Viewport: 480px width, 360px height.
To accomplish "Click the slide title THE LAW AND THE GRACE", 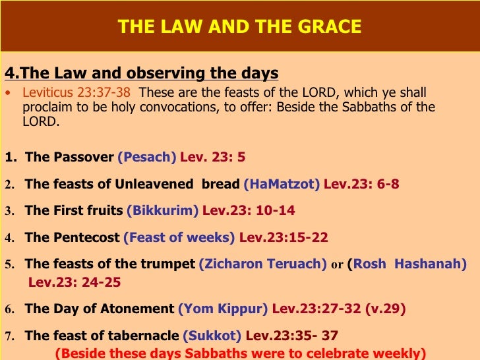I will click(x=239, y=27).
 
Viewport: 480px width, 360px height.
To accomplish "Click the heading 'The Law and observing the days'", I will click(x=141, y=73).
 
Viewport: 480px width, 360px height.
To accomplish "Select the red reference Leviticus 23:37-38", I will click(x=76, y=92).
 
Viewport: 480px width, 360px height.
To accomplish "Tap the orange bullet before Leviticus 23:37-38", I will click(x=8, y=93).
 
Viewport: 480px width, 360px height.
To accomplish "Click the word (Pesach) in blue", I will click(x=146, y=158).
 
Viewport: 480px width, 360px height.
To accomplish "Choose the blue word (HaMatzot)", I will click(x=282, y=185).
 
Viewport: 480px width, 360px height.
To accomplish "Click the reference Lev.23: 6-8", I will click(x=361, y=185).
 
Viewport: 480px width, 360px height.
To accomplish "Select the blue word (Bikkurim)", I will click(x=162, y=211).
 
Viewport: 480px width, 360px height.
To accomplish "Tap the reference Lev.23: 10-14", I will click(x=249, y=211).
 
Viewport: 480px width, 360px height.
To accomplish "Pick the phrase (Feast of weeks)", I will click(x=179, y=237).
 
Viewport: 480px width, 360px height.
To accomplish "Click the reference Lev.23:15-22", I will click(x=284, y=237).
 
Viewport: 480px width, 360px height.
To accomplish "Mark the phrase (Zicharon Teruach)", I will click(x=262, y=264).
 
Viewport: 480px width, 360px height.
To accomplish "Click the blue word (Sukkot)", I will click(x=212, y=336).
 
